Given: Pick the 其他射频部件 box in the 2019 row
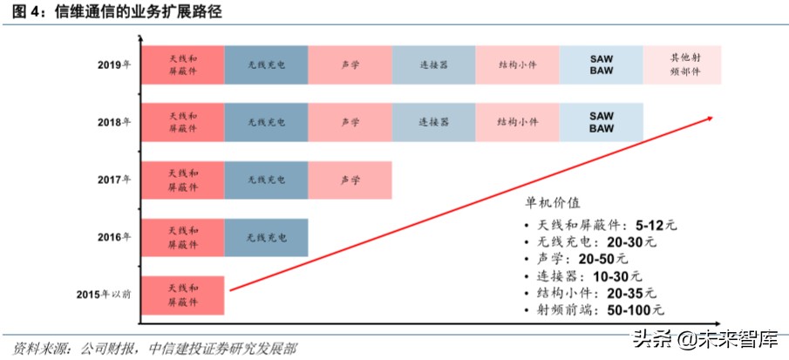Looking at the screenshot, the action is click(683, 65).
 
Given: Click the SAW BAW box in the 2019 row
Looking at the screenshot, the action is click(601, 65).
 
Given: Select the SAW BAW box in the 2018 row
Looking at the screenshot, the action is click(601, 122).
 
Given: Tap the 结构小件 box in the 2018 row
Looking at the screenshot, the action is click(517, 122).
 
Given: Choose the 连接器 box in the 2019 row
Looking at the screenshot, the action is click(433, 65).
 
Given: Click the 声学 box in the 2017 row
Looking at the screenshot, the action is click(350, 180).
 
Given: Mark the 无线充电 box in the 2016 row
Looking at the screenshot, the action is click(266, 237).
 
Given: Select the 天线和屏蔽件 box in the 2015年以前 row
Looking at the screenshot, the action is click(182, 295).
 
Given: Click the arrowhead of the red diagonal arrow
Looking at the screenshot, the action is click(717, 116).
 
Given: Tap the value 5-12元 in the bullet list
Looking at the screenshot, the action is click(656, 224).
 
